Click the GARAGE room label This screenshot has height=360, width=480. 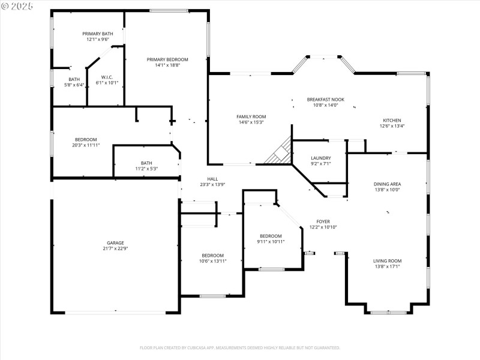pyautogui.click(x=116, y=243)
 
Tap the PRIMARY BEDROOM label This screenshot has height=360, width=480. pyautogui.click(x=167, y=59)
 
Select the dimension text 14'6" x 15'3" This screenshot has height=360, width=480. pyautogui.click(x=251, y=122)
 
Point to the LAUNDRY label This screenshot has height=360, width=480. pyautogui.click(x=320, y=158)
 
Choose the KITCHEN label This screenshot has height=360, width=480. pyautogui.click(x=392, y=120)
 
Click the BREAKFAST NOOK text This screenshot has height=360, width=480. pyautogui.click(x=325, y=99)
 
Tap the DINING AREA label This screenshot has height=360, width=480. pyautogui.click(x=387, y=184)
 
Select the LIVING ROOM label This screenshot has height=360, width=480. pyautogui.click(x=387, y=261)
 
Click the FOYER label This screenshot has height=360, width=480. pyautogui.click(x=323, y=221)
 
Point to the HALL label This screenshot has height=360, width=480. pyautogui.click(x=212, y=179)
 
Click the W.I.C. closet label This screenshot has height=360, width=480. pyautogui.click(x=107, y=77)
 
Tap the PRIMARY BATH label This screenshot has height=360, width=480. pyautogui.click(x=97, y=34)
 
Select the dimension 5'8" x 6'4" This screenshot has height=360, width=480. pyautogui.click(x=74, y=85)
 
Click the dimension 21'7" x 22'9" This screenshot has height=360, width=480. pyautogui.click(x=116, y=248)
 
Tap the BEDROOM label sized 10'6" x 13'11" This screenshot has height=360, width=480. pyautogui.click(x=212, y=256)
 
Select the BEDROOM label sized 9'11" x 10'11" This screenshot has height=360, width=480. pyautogui.click(x=271, y=236)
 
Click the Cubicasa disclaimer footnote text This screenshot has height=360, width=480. pyautogui.click(x=240, y=347)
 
